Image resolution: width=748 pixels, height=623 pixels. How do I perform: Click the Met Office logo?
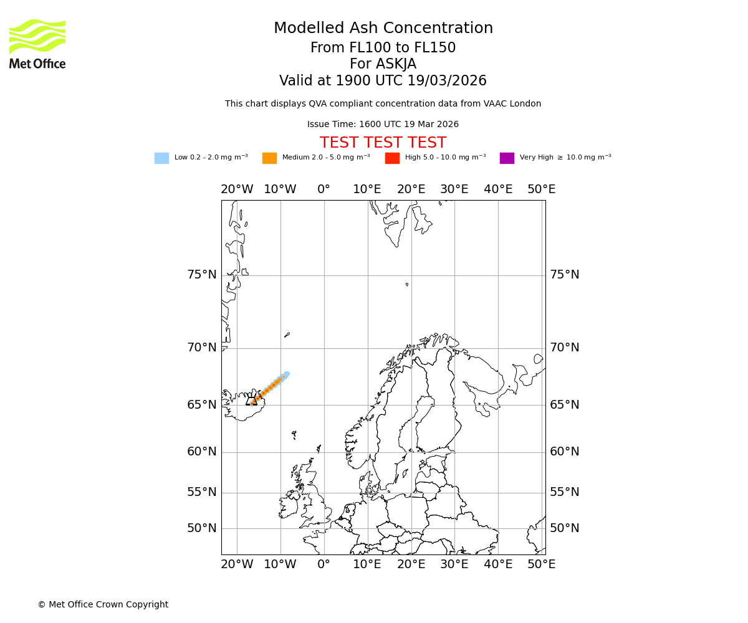(x=37, y=44)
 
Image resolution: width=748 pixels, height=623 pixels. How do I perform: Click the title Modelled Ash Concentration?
(x=383, y=29)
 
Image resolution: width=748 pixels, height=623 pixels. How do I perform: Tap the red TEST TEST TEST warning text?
(x=383, y=143)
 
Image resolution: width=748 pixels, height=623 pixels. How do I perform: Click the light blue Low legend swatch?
(x=161, y=158)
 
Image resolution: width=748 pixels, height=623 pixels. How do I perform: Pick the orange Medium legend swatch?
(x=269, y=158)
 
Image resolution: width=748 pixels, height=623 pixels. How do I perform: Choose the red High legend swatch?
(x=392, y=158)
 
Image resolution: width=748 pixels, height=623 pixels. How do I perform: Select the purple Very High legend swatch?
(x=507, y=158)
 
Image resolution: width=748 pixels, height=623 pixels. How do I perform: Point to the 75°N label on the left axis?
(x=202, y=275)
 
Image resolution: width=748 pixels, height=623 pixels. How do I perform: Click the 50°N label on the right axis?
(x=564, y=528)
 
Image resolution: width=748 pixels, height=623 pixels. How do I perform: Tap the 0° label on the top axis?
(x=324, y=189)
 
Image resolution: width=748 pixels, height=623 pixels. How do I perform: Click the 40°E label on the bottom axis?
(x=498, y=564)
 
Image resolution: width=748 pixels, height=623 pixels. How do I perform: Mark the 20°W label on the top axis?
(x=237, y=189)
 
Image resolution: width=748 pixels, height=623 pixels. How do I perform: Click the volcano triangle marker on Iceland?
(x=252, y=401)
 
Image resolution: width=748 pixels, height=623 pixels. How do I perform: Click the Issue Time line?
(x=383, y=125)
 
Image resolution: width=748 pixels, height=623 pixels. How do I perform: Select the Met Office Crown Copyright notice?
(x=103, y=604)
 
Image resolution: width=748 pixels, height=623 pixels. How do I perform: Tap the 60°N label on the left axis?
(x=202, y=452)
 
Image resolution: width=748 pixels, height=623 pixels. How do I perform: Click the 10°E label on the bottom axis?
(x=367, y=564)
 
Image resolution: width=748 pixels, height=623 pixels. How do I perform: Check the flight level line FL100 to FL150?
(x=383, y=48)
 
